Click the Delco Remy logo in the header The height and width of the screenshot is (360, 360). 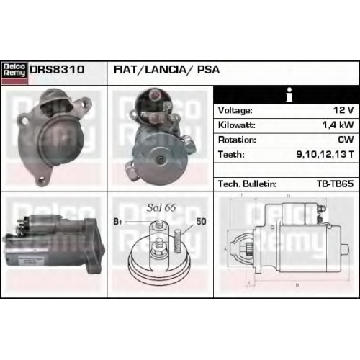click(14, 73)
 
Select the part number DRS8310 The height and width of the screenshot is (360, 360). click(57, 70)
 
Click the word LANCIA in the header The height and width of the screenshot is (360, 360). click(166, 70)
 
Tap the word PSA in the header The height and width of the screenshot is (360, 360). click(208, 70)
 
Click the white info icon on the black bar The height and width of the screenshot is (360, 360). click(289, 95)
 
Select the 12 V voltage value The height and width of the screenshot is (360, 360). click(343, 110)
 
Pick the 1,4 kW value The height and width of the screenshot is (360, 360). click(338, 125)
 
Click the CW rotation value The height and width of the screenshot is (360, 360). click(346, 140)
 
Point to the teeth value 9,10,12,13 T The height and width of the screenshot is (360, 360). click(325, 154)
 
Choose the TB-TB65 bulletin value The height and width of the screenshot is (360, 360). click(336, 184)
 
